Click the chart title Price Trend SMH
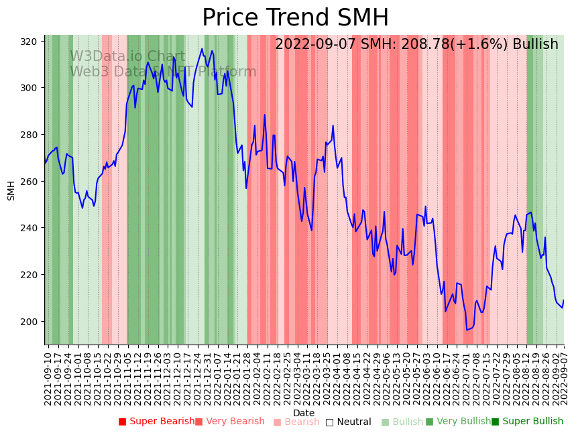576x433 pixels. pyautogui.click(x=295, y=18)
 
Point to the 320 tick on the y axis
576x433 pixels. pyautogui.click(x=29, y=42)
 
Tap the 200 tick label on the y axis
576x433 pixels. pyautogui.click(x=29, y=322)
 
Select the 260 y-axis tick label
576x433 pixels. pyautogui.click(x=29, y=182)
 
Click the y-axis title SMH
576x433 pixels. pyautogui.click(x=11, y=190)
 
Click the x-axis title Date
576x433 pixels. pyautogui.click(x=304, y=413)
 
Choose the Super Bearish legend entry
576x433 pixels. pyautogui.click(x=156, y=422)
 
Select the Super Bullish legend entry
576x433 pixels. pyautogui.click(x=527, y=422)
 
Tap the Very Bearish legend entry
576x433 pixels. pyautogui.click(x=230, y=422)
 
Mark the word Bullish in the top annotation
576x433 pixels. pyautogui.click(x=535, y=44)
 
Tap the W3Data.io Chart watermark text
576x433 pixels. pyautogui.click(x=127, y=57)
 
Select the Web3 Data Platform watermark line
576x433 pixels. pyautogui.click(x=163, y=72)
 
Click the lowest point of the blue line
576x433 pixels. pyautogui.click(x=467, y=330)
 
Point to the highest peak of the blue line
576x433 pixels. pyautogui.click(x=202, y=48)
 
